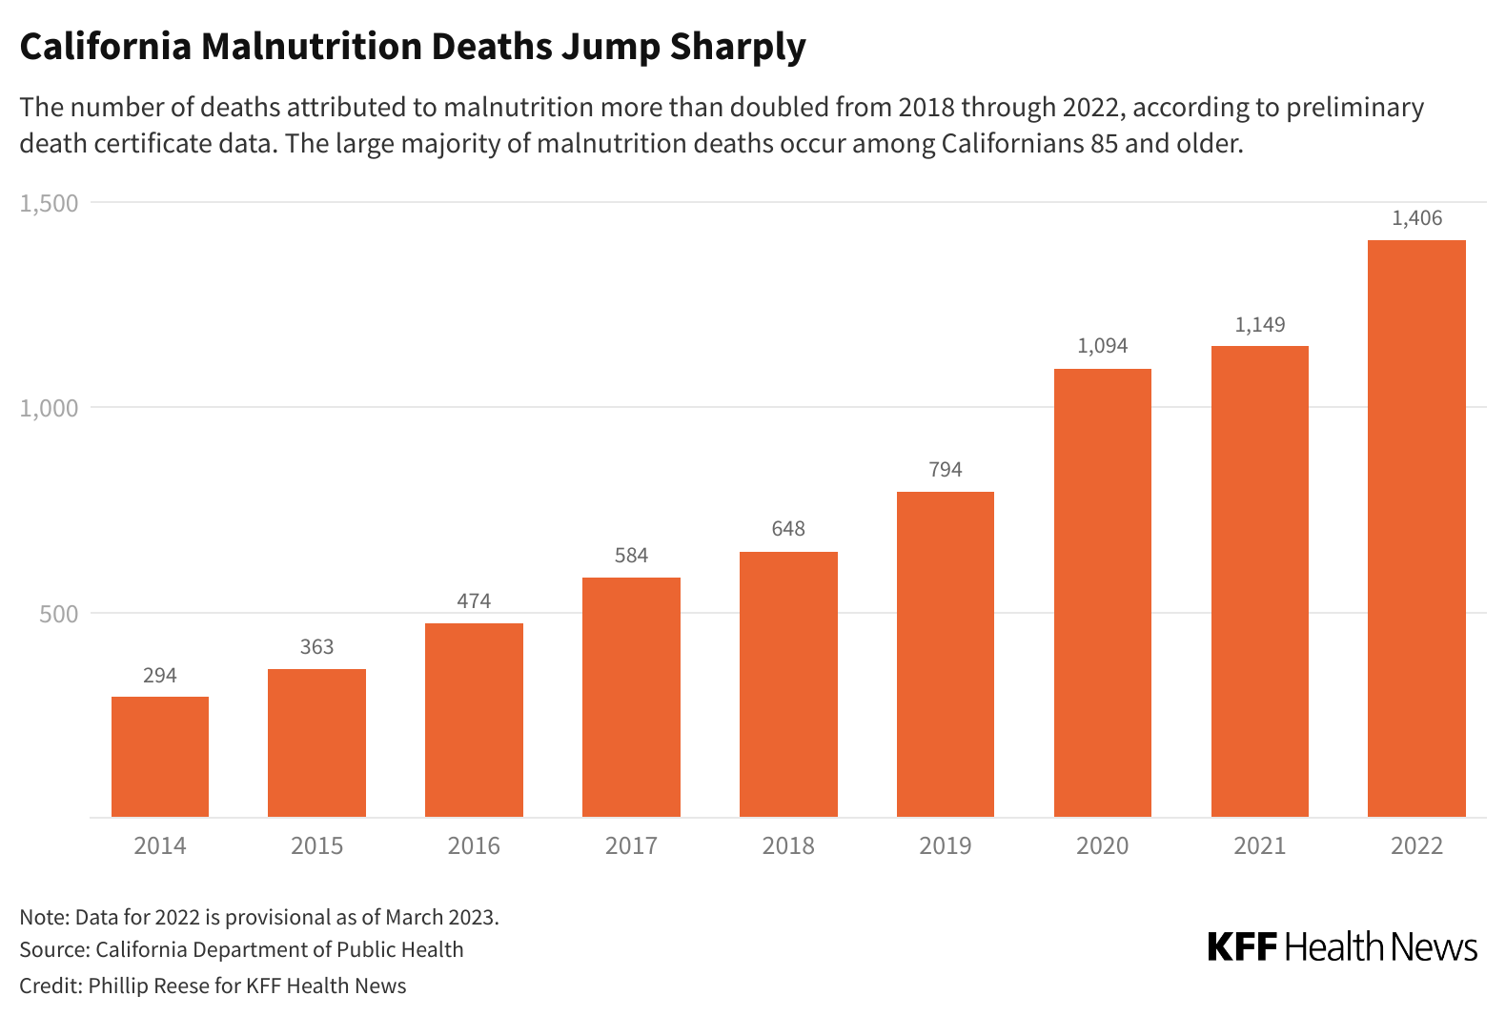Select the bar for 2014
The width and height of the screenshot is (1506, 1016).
(x=160, y=757)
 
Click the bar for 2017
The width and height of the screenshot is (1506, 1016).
(x=631, y=697)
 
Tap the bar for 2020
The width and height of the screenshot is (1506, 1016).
(x=1102, y=593)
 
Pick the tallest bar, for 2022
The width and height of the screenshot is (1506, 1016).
(x=1416, y=528)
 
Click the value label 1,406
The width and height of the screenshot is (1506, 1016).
(x=1416, y=218)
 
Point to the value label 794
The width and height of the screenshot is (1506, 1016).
(x=945, y=470)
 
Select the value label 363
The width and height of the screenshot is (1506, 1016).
(x=316, y=647)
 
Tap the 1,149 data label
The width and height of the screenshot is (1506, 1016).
(x=1259, y=325)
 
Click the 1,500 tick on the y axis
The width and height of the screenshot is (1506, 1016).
(x=50, y=203)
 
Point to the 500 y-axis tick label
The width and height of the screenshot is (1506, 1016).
(x=59, y=614)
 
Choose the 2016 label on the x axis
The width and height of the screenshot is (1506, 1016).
(x=474, y=845)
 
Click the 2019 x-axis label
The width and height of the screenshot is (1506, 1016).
(x=945, y=845)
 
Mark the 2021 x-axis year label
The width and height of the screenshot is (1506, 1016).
(x=1259, y=845)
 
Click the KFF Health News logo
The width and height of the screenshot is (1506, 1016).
(x=1342, y=946)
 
